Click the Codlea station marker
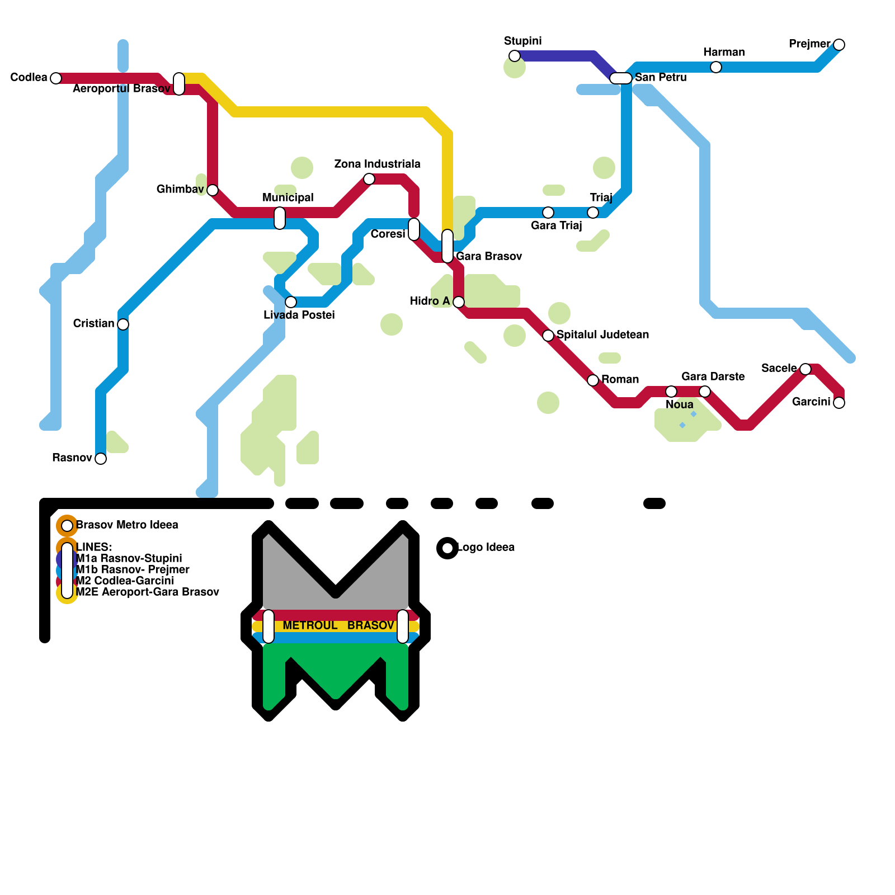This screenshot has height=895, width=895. (56, 78)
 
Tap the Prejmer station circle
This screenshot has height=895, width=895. (839, 45)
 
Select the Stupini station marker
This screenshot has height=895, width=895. (515, 56)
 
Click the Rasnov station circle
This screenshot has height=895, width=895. (101, 459)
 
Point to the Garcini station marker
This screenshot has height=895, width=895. (839, 403)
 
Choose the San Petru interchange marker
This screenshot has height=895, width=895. (621, 78)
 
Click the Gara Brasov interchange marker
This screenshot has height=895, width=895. (447, 246)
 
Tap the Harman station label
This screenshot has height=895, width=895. (724, 53)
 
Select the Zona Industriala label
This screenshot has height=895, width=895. (377, 164)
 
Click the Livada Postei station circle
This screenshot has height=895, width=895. (291, 302)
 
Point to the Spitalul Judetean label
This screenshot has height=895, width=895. (602, 335)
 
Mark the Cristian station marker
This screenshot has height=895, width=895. (123, 324)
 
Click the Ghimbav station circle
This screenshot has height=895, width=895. (213, 190)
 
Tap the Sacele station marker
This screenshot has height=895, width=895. (805, 369)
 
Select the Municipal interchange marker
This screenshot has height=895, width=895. (280, 218)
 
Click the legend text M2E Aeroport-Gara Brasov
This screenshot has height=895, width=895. (147, 592)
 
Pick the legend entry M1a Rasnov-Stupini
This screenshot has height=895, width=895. (129, 559)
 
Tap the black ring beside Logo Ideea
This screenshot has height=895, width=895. (447, 548)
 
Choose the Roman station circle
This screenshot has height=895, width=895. (593, 380)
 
